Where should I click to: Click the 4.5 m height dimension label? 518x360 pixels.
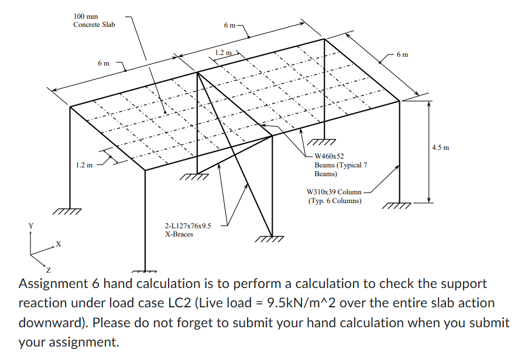pos(441,148)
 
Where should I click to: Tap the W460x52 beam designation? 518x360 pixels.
pos(330,156)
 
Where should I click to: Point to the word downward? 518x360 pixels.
pos(53,323)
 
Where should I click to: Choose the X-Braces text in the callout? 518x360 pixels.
pos(179,234)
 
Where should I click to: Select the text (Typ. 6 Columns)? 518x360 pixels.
pos(334,201)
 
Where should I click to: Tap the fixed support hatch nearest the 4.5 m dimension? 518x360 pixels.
pos(397,205)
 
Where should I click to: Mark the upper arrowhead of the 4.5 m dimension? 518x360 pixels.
pos(429,105)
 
